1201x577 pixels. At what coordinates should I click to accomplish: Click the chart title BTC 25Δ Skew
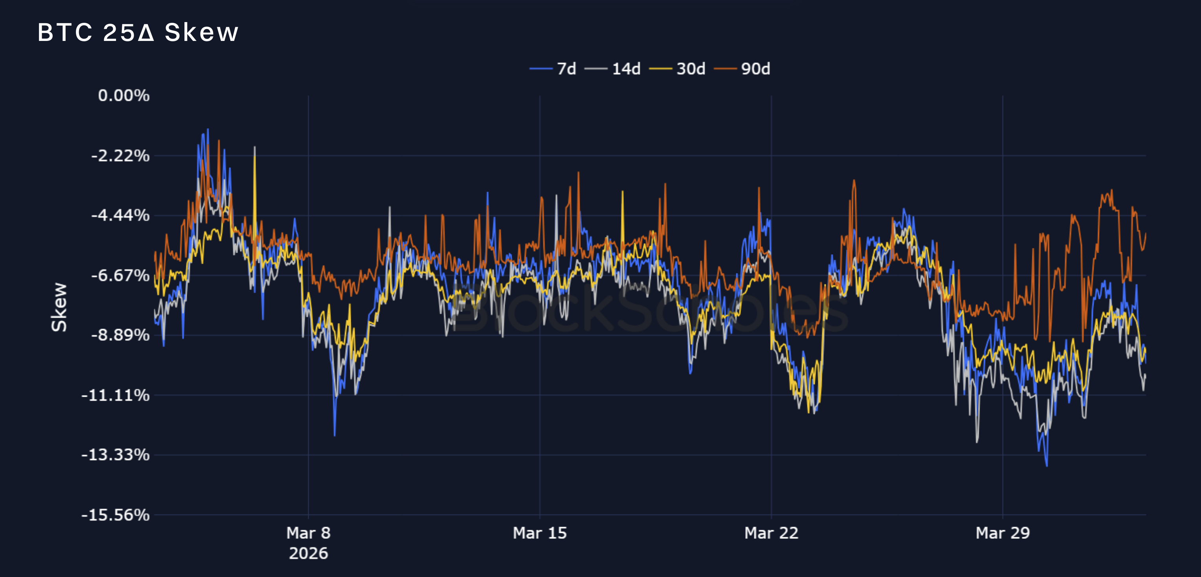[138, 33]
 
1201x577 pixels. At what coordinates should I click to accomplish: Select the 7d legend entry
[553, 69]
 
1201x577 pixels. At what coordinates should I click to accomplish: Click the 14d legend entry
[613, 69]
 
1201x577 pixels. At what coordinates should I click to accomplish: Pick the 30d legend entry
[678, 69]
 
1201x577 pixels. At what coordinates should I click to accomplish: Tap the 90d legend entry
[742, 69]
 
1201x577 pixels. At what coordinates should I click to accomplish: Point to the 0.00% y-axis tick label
[124, 96]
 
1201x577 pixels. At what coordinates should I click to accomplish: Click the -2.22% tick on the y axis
[120, 155]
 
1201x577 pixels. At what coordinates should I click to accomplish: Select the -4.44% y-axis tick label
[120, 216]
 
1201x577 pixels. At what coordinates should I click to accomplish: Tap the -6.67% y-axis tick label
[120, 275]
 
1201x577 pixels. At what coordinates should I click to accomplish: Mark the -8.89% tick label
[120, 335]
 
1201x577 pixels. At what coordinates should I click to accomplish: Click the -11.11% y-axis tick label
[116, 395]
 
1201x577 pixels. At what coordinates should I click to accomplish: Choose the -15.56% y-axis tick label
[116, 515]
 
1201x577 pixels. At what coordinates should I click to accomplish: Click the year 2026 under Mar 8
[308, 553]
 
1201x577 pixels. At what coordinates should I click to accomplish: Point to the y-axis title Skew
[59, 307]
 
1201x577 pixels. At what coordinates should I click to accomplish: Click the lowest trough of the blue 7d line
[1047, 466]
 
